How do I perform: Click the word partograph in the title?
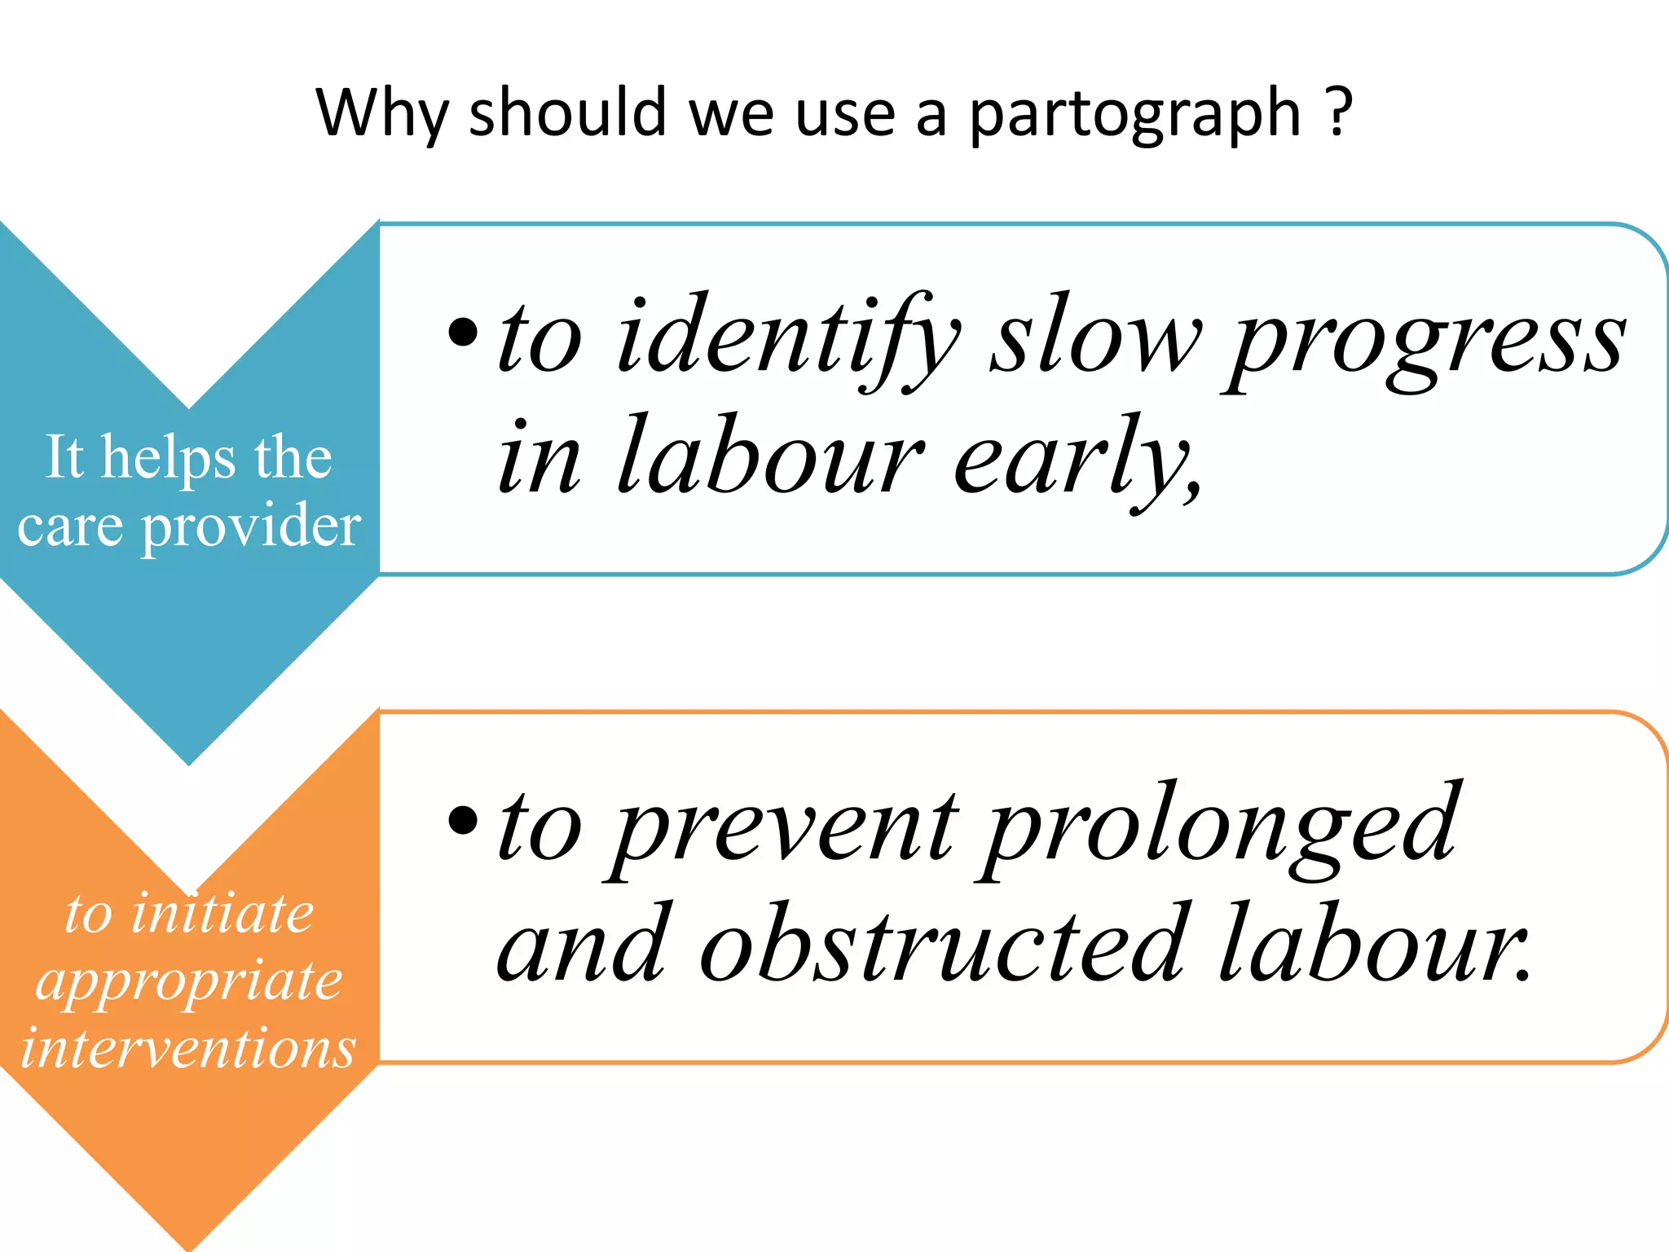(x=1134, y=114)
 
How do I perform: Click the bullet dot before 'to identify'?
(x=463, y=332)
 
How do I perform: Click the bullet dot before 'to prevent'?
(x=463, y=821)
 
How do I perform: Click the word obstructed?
(x=941, y=946)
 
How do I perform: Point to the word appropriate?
(x=189, y=981)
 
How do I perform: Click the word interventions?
(x=189, y=1047)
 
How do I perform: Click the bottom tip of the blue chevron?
(x=189, y=763)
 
